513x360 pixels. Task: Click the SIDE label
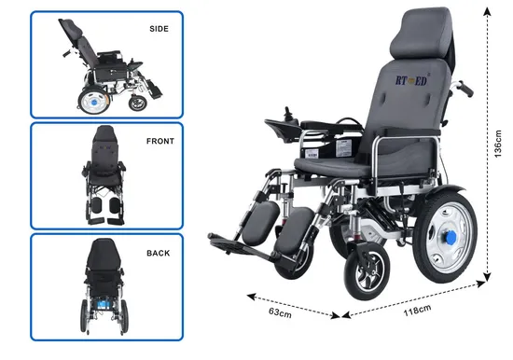coord(159,29)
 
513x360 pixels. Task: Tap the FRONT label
coord(159,142)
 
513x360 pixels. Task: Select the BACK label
coord(159,252)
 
